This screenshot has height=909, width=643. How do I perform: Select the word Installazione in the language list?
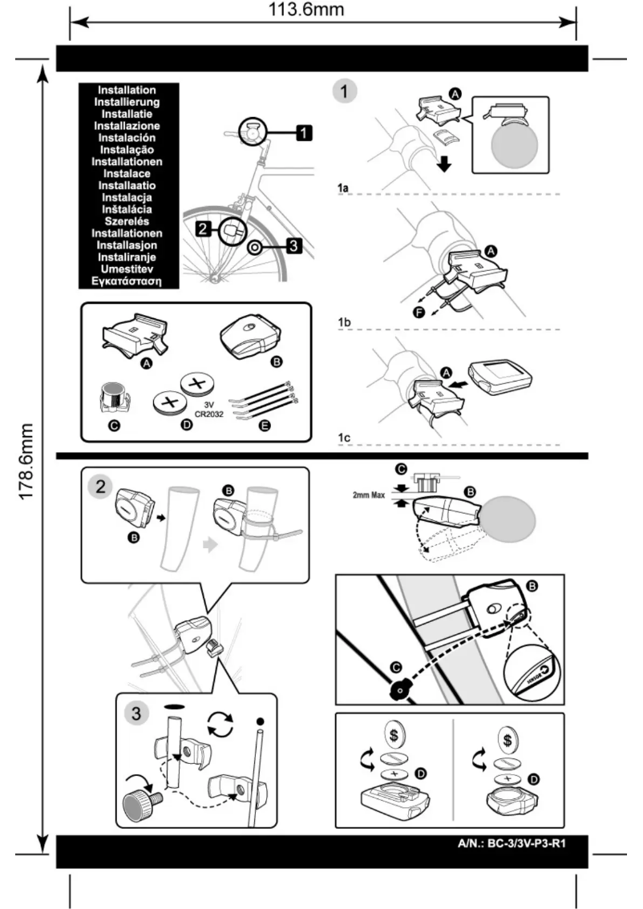[x=126, y=126]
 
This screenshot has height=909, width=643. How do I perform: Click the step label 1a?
[x=343, y=189]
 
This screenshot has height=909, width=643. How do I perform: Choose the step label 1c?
[x=343, y=438]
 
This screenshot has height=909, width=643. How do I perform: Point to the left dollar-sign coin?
[x=393, y=733]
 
